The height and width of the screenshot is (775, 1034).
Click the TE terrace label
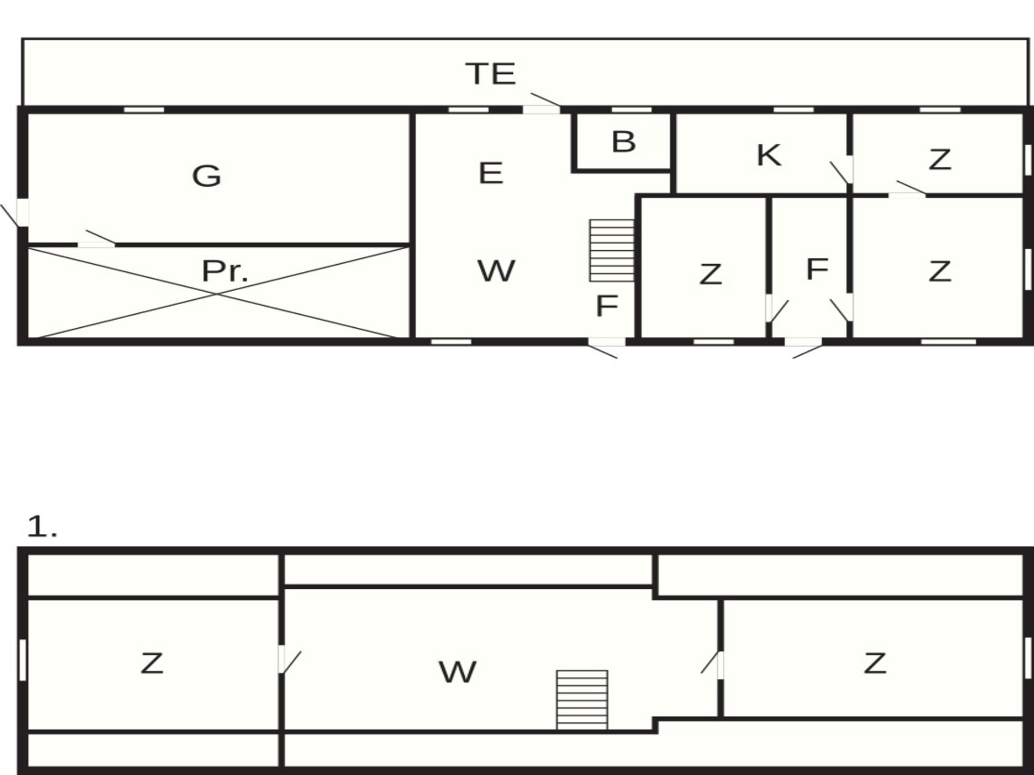coord(491,74)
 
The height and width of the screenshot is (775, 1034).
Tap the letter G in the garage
coord(207,176)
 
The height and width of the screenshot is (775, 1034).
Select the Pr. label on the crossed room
coord(225,271)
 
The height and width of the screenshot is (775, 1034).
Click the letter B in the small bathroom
coord(624,142)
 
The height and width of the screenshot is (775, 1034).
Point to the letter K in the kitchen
coord(768,156)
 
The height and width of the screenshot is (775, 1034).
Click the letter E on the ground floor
coord(491,173)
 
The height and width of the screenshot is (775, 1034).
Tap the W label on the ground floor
coord(496,271)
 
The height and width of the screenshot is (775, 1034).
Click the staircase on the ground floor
coord(612,250)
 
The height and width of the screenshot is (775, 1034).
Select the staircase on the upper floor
coord(582,700)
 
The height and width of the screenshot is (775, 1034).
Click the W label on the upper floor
coord(457,672)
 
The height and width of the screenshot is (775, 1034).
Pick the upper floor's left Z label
coord(151,663)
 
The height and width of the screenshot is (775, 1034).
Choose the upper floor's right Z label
coord(875,663)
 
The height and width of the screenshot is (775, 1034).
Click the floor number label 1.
coord(41,526)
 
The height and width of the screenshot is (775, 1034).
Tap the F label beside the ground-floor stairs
coord(607,306)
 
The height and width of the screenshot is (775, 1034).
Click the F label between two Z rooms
coord(817,269)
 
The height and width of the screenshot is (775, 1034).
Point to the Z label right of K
coord(940,159)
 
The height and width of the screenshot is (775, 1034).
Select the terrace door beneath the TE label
coord(541,109)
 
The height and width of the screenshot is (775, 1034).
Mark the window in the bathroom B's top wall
coord(631,110)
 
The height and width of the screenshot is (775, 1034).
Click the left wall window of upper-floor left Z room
coord(23,660)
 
